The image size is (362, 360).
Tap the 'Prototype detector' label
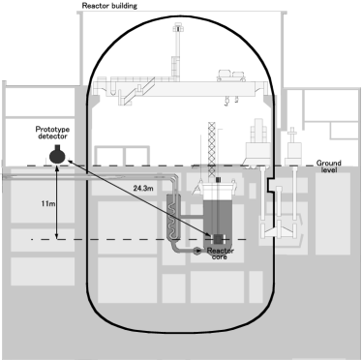click(x=62, y=130)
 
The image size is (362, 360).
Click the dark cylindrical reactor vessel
click(x=222, y=213)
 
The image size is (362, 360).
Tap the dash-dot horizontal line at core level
click(x=116, y=238)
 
